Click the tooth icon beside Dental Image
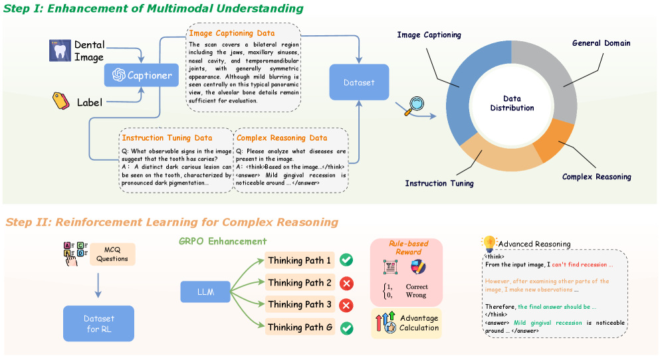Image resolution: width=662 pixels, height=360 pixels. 60,51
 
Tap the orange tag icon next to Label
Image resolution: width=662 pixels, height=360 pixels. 60,101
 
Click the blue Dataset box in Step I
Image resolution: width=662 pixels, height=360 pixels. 359,82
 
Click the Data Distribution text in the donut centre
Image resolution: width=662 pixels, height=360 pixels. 512,103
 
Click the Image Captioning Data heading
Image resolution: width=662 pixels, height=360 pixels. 231,33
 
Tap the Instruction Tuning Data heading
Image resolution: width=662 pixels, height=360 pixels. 167,137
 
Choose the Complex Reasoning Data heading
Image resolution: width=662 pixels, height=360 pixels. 282,137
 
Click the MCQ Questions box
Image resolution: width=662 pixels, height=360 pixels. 112,254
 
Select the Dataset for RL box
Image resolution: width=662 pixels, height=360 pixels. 98,323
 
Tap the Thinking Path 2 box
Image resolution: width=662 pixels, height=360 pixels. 299,283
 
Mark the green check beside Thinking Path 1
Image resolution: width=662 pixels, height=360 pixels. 346,260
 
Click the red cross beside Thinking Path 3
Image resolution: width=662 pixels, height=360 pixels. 346,305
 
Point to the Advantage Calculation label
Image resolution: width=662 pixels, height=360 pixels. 419,323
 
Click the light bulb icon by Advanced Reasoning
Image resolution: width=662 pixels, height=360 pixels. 490,243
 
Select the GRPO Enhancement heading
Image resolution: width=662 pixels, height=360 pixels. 223,241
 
